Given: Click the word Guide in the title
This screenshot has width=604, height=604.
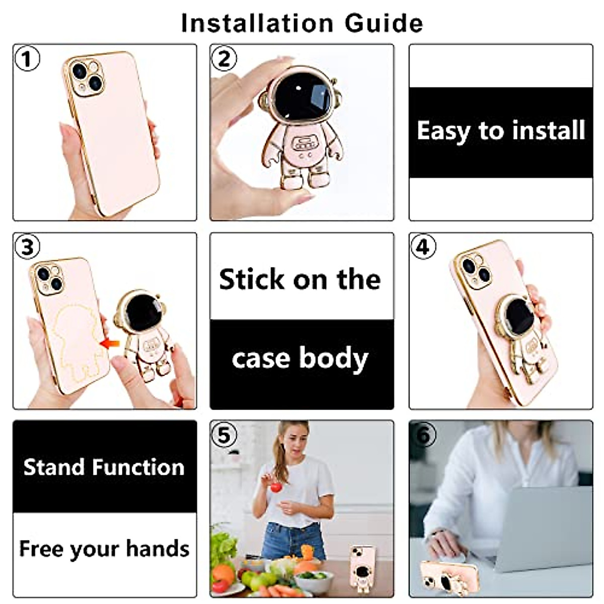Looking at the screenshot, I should click(x=384, y=23).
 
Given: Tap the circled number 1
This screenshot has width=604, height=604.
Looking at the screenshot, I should click(x=27, y=59).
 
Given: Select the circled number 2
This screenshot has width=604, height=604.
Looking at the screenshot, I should click(x=224, y=59).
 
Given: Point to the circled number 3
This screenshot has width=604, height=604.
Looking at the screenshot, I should click(x=27, y=247).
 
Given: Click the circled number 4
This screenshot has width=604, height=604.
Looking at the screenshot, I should click(x=423, y=247).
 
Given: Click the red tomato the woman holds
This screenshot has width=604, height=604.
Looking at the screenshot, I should click(x=275, y=487).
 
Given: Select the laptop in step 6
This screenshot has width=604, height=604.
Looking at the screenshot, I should click(x=544, y=528).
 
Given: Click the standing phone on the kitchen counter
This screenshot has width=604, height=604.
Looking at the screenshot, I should click(x=360, y=566).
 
